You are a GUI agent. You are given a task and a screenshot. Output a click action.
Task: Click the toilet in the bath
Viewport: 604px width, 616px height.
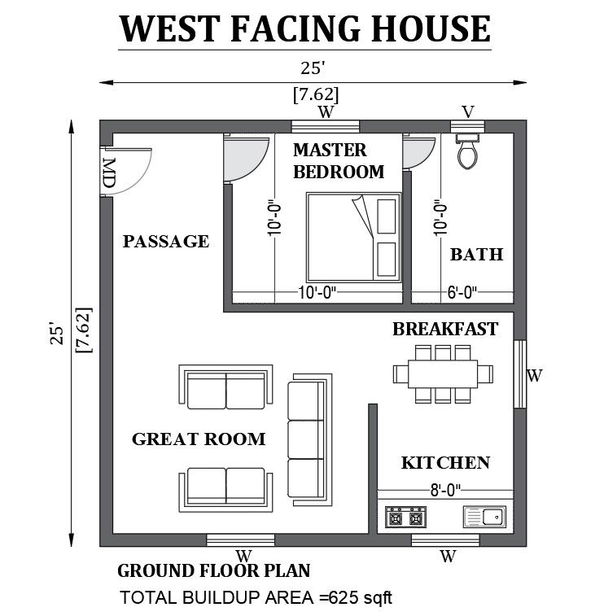(x=466, y=152)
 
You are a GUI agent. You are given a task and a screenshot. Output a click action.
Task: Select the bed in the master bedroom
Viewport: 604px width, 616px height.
(x=354, y=236)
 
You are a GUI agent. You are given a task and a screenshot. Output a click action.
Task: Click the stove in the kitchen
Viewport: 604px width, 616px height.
(x=405, y=516)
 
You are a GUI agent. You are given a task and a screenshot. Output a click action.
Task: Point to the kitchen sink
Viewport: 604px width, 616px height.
(x=484, y=516)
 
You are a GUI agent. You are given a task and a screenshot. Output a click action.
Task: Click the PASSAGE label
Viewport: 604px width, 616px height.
(x=165, y=242)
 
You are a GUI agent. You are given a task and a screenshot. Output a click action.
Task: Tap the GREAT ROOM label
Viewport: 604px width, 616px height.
(x=199, y=439)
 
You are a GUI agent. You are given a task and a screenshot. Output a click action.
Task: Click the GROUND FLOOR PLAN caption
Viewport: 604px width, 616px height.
(x=214, y=571)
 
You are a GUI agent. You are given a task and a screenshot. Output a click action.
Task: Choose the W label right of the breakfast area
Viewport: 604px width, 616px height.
(x=534, y=376)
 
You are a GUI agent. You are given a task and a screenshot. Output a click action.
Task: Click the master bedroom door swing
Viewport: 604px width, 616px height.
(x=246, y=159)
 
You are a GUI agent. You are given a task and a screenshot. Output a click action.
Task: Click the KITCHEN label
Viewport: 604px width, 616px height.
(x=445, y=463)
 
